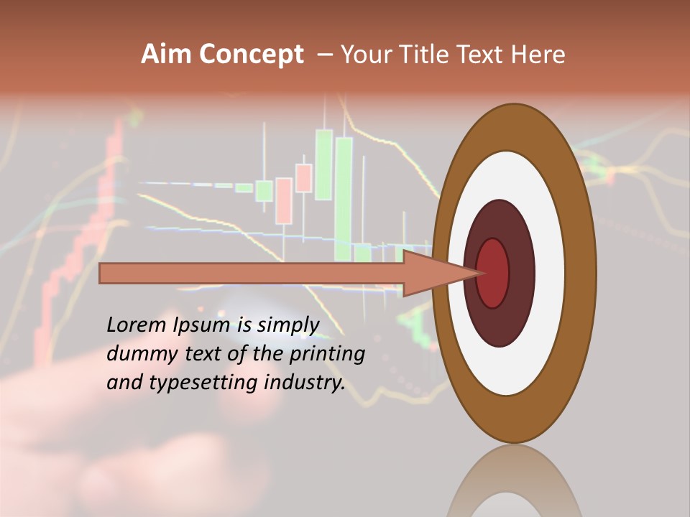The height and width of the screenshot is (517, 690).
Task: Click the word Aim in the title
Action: [x=166, y=55]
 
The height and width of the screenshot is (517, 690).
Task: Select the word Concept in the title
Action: [x=251, y=55]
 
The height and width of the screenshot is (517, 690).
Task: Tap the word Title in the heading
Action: [x=425, y=55]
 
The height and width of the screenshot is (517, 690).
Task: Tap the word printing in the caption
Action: [x=327, y=354]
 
